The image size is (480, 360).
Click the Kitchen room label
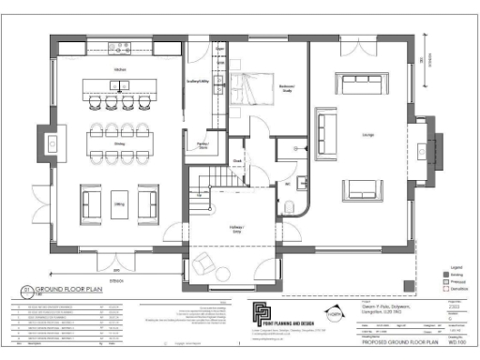(119, 70)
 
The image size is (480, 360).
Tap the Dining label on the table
(119, 143)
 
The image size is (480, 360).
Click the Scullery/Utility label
(198, 82)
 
